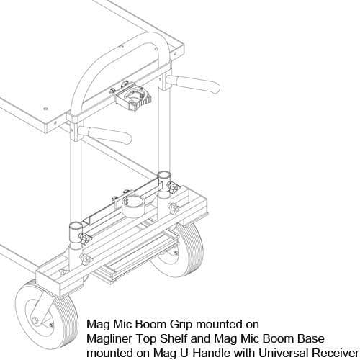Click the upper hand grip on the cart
[x=193, y=84]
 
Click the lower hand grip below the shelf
[x=105, y=135]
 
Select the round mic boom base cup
[x=135, y=207]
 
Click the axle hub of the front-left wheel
[x=35, y=320]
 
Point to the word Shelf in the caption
[x=172, y=339]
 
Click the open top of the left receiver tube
[x=76, y=226]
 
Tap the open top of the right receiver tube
[x=163, y=175]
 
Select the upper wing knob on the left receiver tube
[x=86, y=238]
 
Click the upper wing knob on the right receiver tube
[x=174, y=187]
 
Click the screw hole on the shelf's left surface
[x=45, y=109]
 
